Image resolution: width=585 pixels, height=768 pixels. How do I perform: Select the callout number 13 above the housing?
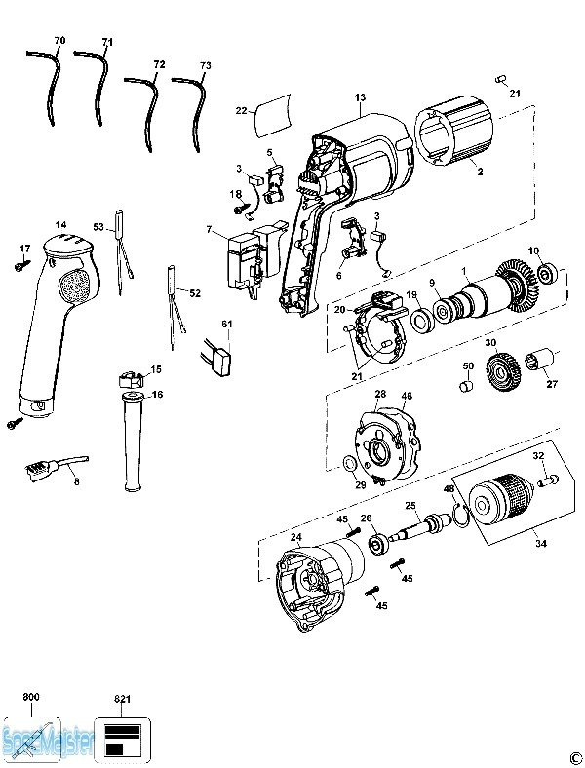[360, 97]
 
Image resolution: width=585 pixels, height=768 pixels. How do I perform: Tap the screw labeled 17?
[19, 263]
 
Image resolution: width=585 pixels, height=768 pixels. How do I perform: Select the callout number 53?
[98, 227]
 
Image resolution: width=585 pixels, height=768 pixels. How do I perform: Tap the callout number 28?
[380, 394]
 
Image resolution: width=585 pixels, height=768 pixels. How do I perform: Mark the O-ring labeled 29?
[348, 463]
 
